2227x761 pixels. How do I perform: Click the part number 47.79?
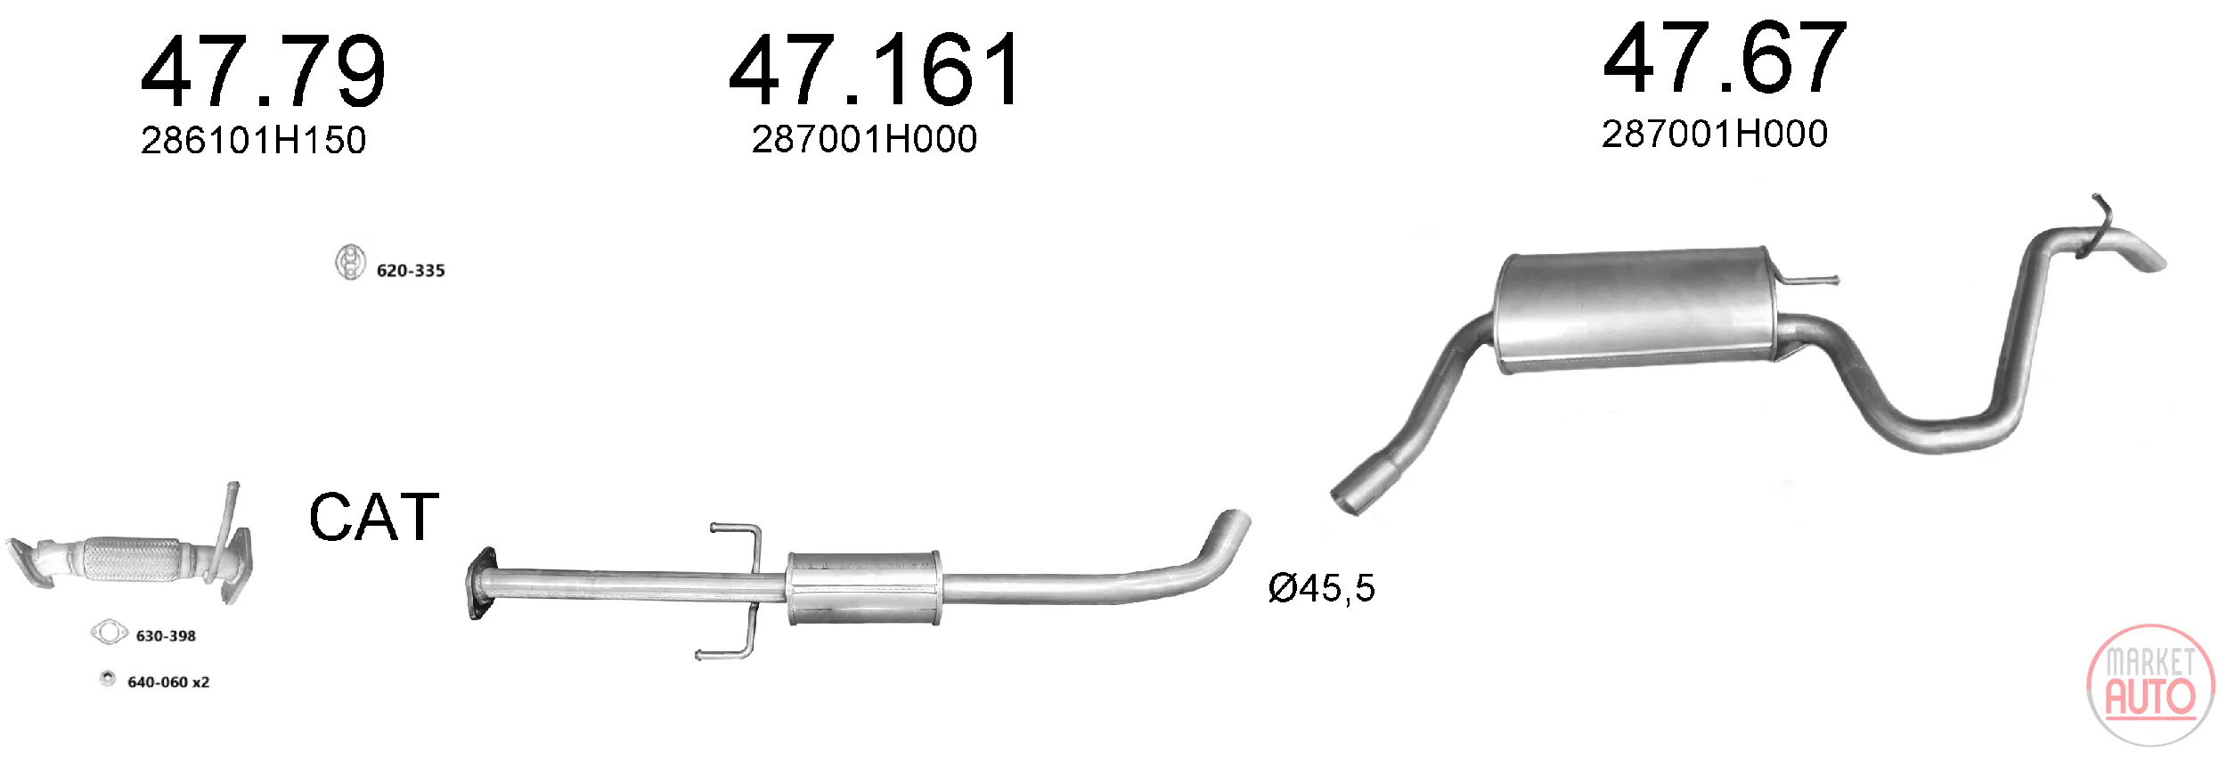[x=264, y=71]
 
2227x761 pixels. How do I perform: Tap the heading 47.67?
[x=1725, y=58]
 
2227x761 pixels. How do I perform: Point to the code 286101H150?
[x=253, y=140]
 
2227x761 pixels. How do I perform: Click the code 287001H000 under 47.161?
[x=864, y=138]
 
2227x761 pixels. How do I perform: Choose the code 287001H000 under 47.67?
[x=1715, y=134]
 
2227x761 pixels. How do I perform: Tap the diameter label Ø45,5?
[x=1322, y=588]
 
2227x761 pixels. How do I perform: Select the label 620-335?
[x=411, y=270]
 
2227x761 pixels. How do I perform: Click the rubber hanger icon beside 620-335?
[x=350, y=262]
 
